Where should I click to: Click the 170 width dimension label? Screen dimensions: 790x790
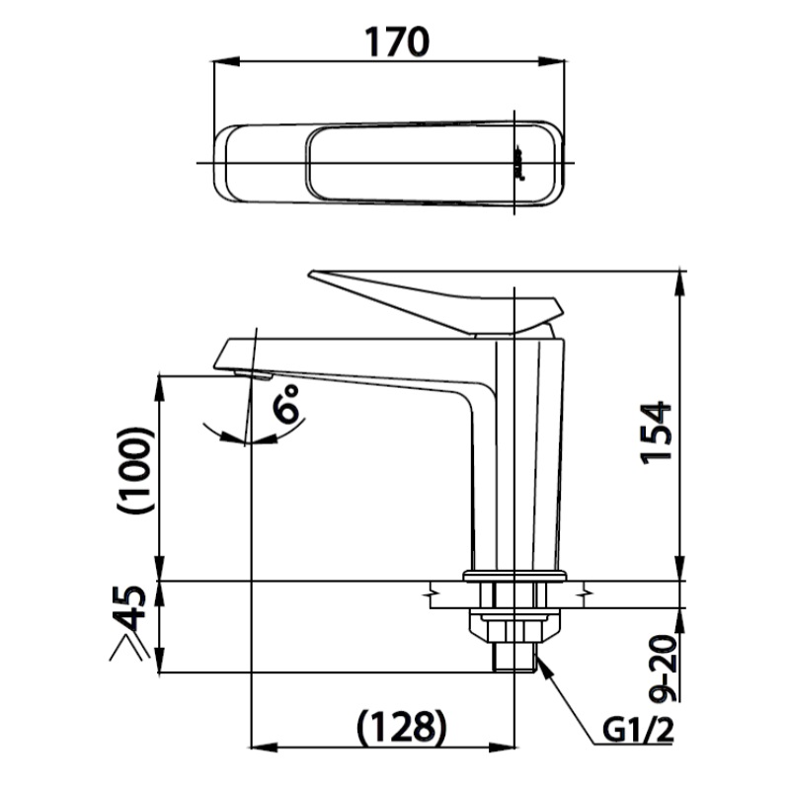397,41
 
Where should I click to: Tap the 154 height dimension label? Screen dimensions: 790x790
656,433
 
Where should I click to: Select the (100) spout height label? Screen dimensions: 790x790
134,471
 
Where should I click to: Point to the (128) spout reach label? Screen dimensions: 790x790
402,728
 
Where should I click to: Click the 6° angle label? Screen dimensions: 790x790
285,403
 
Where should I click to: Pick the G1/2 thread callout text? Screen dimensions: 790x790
638,730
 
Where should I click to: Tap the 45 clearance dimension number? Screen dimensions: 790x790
133,609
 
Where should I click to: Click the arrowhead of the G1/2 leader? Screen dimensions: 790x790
544,668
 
